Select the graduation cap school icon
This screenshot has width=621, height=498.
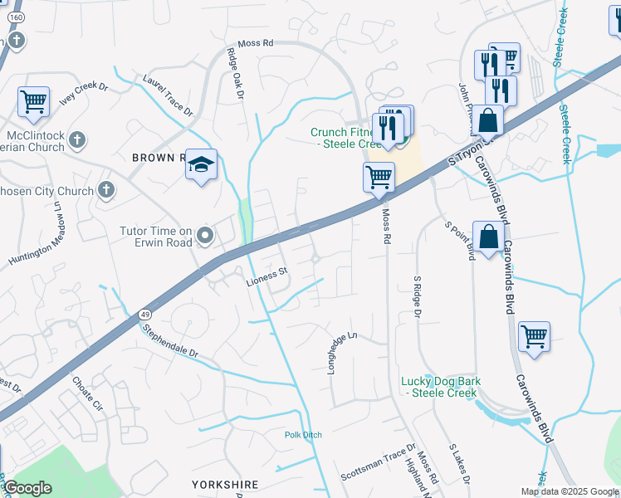pos(201,165)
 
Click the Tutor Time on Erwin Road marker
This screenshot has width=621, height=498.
pos(206,240)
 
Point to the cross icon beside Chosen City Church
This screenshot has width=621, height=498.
pos(105,191)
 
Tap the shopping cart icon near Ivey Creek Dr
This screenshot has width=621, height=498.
pos(33,102)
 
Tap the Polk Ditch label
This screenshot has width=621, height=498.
pos(302,434)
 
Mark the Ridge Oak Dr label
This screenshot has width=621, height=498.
pos(237,75)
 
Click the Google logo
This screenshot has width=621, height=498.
pos(27,488)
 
